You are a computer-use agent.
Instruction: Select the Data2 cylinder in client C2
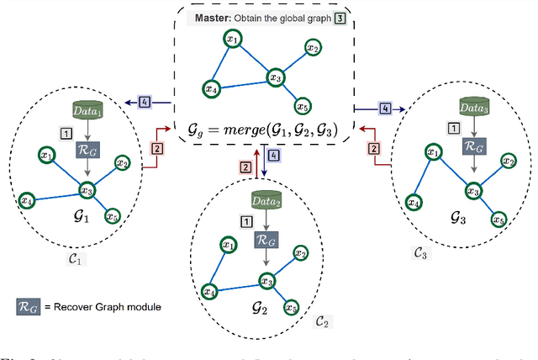(x=266, y=200)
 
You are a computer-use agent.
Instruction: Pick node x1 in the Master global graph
(x=231, y=40)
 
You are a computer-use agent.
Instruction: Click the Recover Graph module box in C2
(x=265, y=241)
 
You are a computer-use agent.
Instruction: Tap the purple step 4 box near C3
(x=384, y=108)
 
